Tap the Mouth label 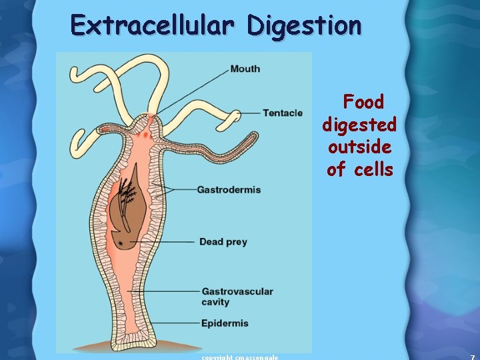(245, 69)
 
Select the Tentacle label (282, 113)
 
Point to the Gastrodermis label (229, 190)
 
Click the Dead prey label (223, 241)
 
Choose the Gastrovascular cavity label (237, 297)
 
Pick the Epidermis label (225, 323)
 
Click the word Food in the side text (363, 102)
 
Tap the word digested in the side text (359, 125)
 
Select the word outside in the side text (359, 147)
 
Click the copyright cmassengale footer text (240, 357)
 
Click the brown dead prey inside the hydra (137, 213)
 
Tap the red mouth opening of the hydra (147, 122)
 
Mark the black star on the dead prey (120, 244)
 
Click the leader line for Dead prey (173, 241)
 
